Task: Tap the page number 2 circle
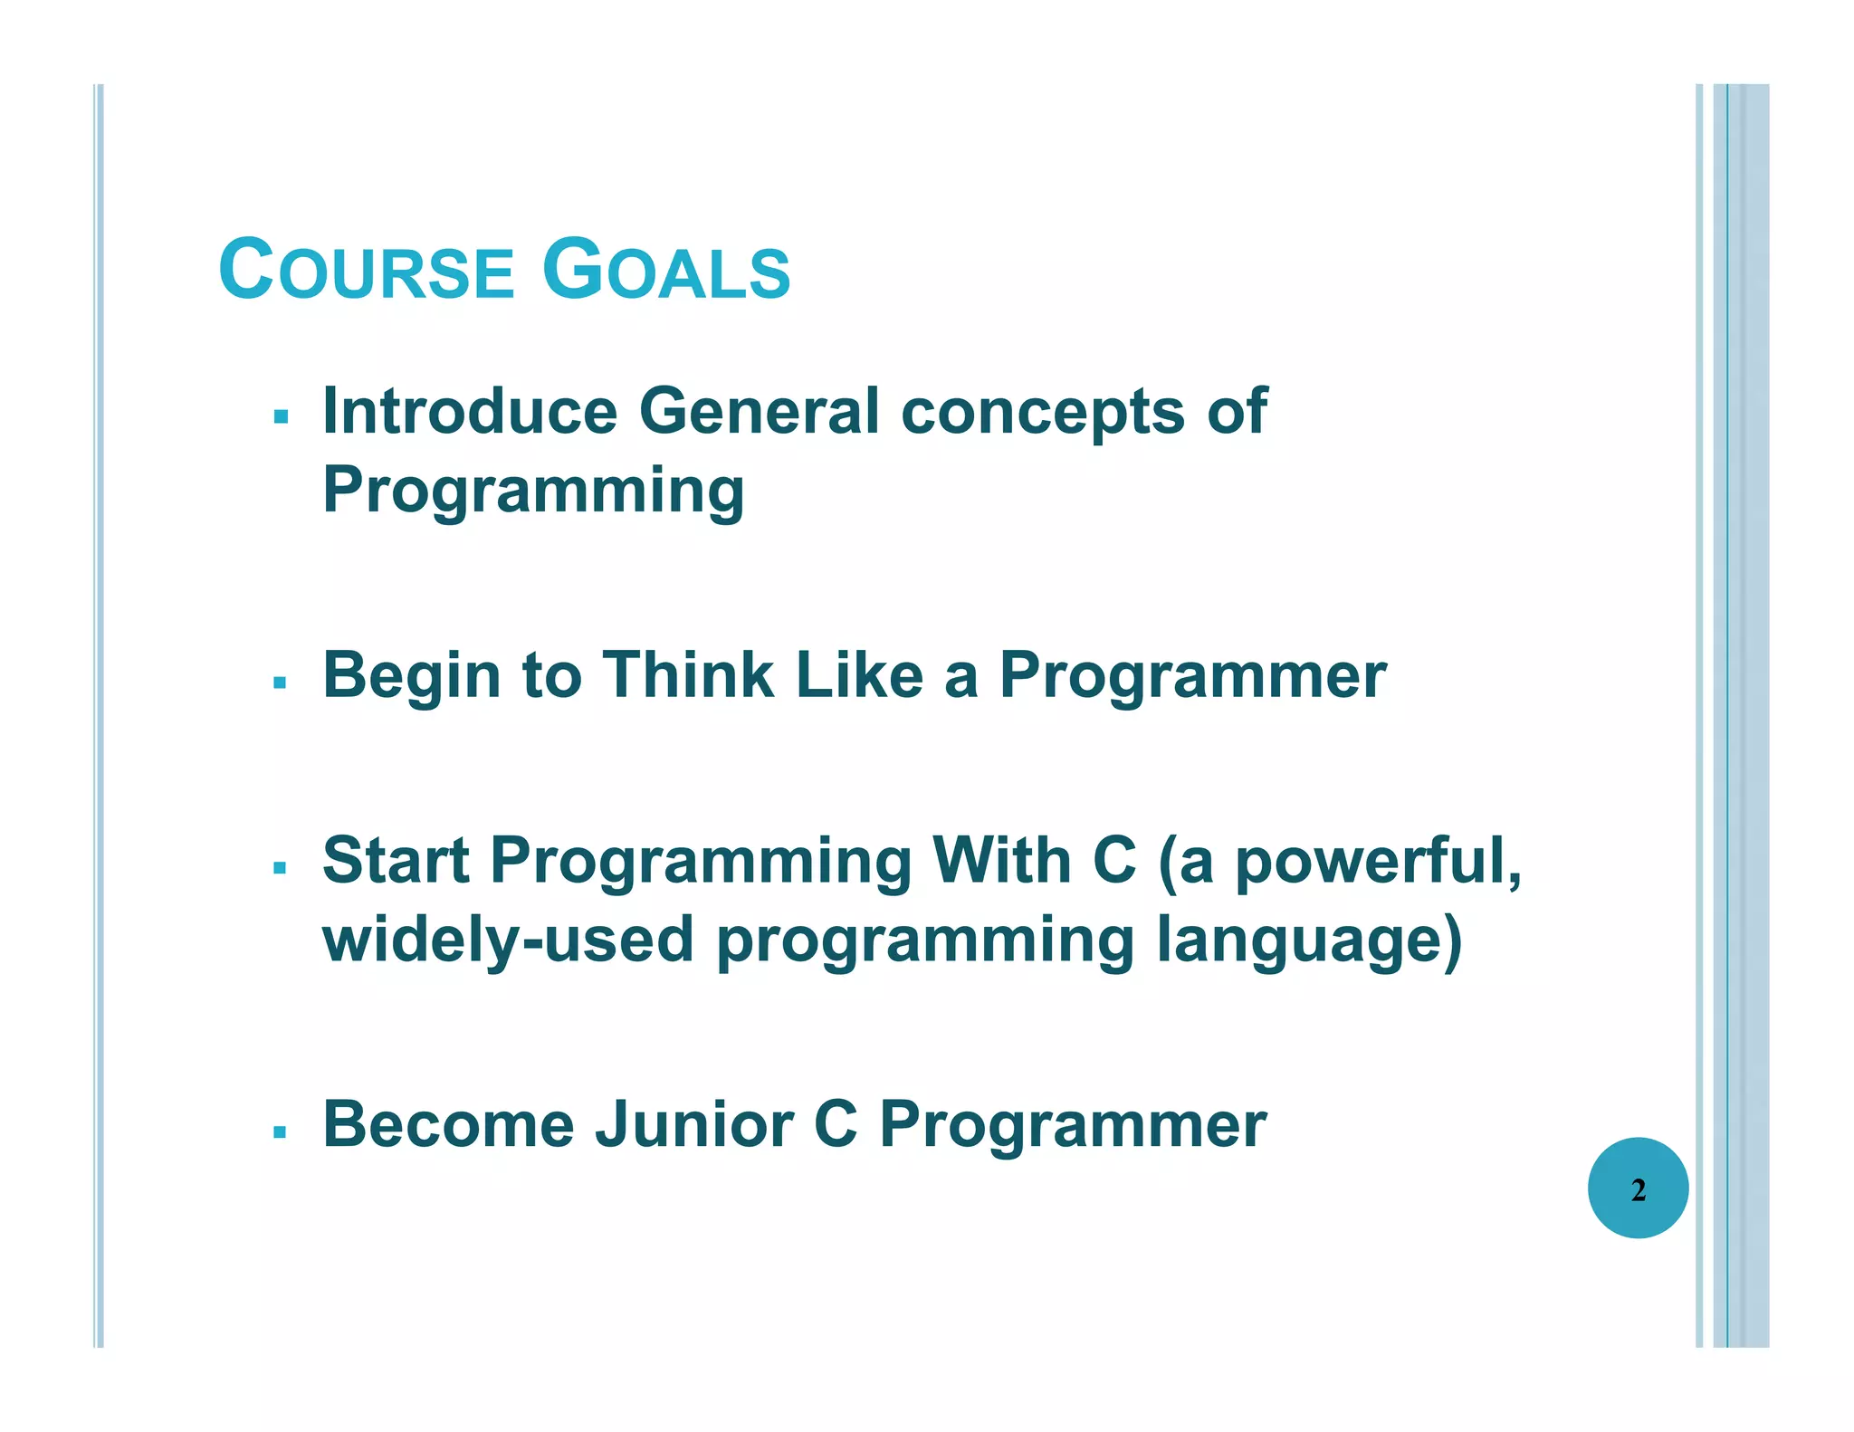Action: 1638,1189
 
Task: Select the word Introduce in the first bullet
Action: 470,412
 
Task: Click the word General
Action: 759,412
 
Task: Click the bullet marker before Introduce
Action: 281,417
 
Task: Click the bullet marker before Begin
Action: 281,682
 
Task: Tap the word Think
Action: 688,675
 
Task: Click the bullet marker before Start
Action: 281,868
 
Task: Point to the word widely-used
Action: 508,939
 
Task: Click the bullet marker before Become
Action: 281,1131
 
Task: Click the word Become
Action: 448,1125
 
